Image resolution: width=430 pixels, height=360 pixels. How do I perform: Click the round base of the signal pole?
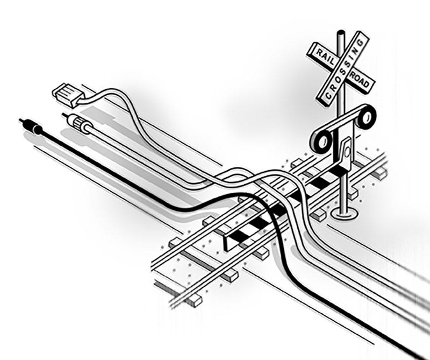click(x=344, y=214)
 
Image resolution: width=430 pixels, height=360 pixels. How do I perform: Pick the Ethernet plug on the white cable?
click(x=65, y=93)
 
